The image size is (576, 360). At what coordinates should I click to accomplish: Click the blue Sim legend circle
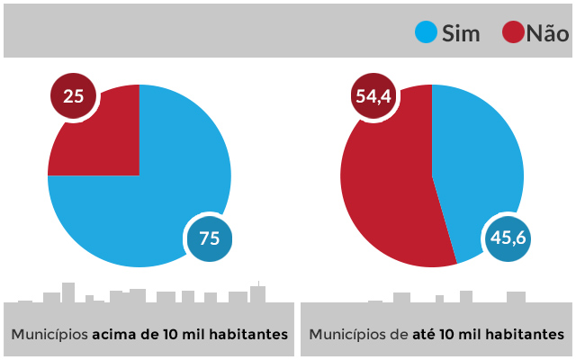pos(426,32)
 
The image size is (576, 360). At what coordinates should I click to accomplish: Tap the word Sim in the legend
pos(462,33)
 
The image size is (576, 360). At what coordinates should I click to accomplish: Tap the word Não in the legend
pos(547,33)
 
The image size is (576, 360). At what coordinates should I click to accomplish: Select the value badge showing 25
pos(74,94)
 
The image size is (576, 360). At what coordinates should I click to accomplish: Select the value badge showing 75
pos(209,238)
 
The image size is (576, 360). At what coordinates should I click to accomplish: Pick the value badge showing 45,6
pos(506,238)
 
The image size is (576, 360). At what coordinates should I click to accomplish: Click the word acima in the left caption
pos(115,334)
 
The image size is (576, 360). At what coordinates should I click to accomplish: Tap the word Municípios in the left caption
pos(49,334)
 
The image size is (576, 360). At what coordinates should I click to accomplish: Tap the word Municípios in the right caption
pos(347,334)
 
